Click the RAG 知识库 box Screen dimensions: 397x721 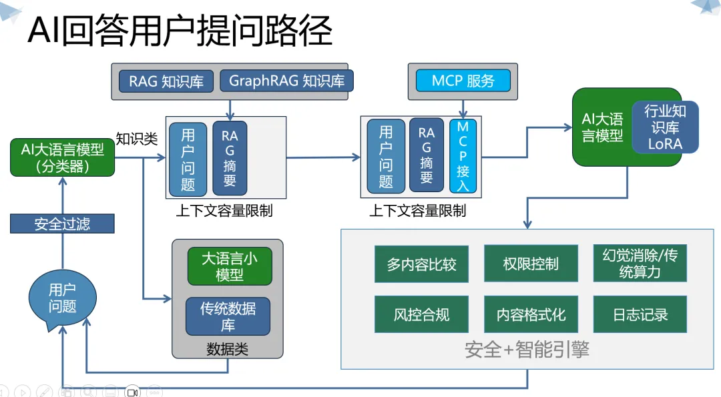[166, 81]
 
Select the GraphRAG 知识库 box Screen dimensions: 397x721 [286, 81]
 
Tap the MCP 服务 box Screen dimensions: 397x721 [463, 81]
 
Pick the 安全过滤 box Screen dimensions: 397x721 [62, 224]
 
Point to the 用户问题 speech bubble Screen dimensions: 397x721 [62, 299]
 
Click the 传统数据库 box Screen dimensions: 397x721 [228, 316]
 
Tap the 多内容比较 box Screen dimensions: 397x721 [421, 264]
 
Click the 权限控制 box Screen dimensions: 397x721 [531, 264]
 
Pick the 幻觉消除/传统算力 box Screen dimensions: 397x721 [640, 264]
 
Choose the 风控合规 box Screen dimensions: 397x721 [421, 314]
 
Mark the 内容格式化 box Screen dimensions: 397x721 [531, 314]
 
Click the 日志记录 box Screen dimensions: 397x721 [640, 314]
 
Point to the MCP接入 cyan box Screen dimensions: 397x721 [463, 156]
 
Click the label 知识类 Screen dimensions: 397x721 [137, 139]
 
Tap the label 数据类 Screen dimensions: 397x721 [227, 349]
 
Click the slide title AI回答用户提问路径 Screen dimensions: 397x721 [180, 31]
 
